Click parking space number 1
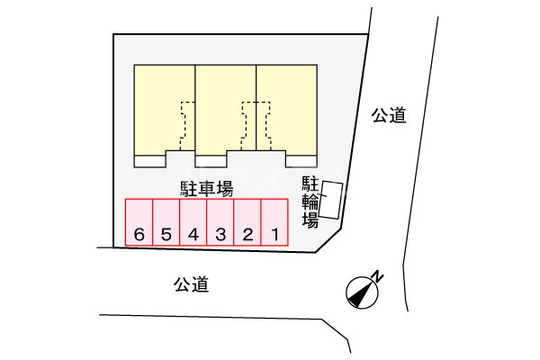point(274,223)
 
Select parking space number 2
point(247,223)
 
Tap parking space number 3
point(220,223)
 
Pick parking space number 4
point(193,223)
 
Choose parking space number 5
point(166,223)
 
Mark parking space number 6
point(139,223)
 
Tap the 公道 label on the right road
point(389,115)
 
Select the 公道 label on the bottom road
point(192,286)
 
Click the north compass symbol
point(359,290)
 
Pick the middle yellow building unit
point(226,108)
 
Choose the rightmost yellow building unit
point(287,108)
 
